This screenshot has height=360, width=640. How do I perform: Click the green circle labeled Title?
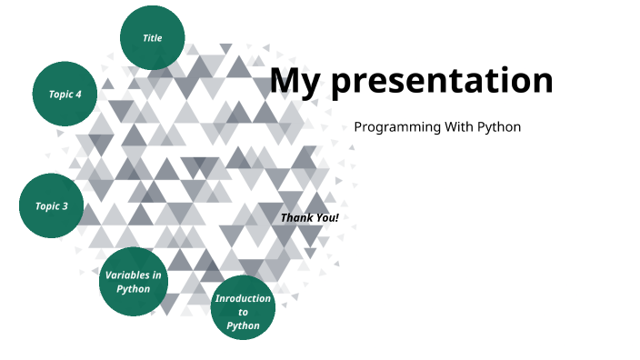tap(152, 38)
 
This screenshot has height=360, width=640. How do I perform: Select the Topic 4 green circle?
tap(65, 94)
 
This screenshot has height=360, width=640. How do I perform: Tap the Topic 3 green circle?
tap(52, 206)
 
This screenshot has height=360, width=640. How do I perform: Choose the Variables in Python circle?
tap(133, 282)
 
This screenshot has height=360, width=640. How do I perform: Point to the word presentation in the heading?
tap(441, 81)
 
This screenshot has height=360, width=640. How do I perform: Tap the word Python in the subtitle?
tap(500, 127)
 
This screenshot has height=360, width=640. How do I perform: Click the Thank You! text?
tap(309, 218)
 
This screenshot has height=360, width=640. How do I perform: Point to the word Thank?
tap(296, 218)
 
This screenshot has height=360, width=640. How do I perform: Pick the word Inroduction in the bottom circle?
tap(243, 298)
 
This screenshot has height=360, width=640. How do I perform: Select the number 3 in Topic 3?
tap(65, 206)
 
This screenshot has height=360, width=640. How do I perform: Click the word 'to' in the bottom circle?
tap(243, 312)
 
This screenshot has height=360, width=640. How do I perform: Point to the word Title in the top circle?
tap(152, 38)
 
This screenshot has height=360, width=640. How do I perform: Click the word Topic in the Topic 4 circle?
tap(60, 95)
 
